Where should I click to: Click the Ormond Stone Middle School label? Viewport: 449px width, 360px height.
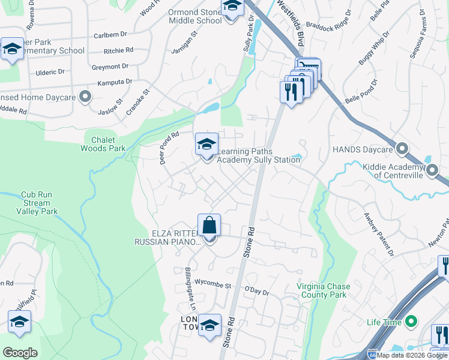[x=195, y=16]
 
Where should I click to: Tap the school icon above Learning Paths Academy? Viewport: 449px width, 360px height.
[x=206, y=145]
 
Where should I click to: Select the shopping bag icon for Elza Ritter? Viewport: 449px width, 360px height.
[x=209, y=226]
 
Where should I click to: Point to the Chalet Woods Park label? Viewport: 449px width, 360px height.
[x=103, y=143]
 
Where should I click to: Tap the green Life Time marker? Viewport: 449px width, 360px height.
[x=411, y=322]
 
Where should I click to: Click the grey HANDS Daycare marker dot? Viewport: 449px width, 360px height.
[x=402, y=148]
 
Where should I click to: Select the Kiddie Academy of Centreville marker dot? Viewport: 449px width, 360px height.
[x=432, y=172]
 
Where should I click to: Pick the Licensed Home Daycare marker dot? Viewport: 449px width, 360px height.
[x=85, y=95]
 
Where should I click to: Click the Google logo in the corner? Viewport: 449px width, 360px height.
[x=20, y=353]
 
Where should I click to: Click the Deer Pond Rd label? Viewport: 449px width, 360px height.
[x=169, y=148]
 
